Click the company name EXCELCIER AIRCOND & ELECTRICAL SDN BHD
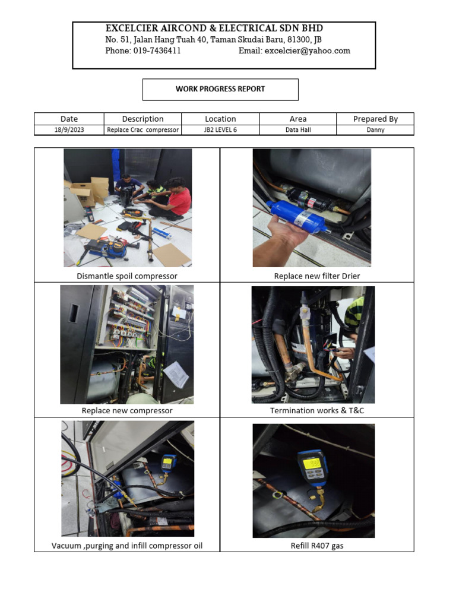214,28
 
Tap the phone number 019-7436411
157,51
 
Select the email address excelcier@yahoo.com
307,51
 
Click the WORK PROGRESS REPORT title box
220,89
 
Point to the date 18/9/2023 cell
69,130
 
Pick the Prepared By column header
375,119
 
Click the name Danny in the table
375,130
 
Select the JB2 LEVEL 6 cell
220,130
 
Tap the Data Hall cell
298,130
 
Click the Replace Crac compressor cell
142,130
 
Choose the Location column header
220,119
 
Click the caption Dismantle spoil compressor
127,276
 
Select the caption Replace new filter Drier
317,276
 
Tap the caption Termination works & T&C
317,411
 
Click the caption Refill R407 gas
317,546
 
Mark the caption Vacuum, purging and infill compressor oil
127,546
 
